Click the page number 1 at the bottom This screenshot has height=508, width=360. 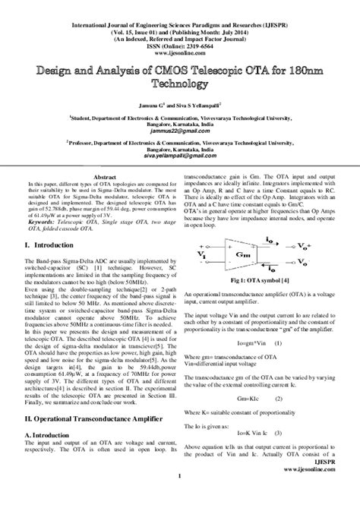tap(180, 498)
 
